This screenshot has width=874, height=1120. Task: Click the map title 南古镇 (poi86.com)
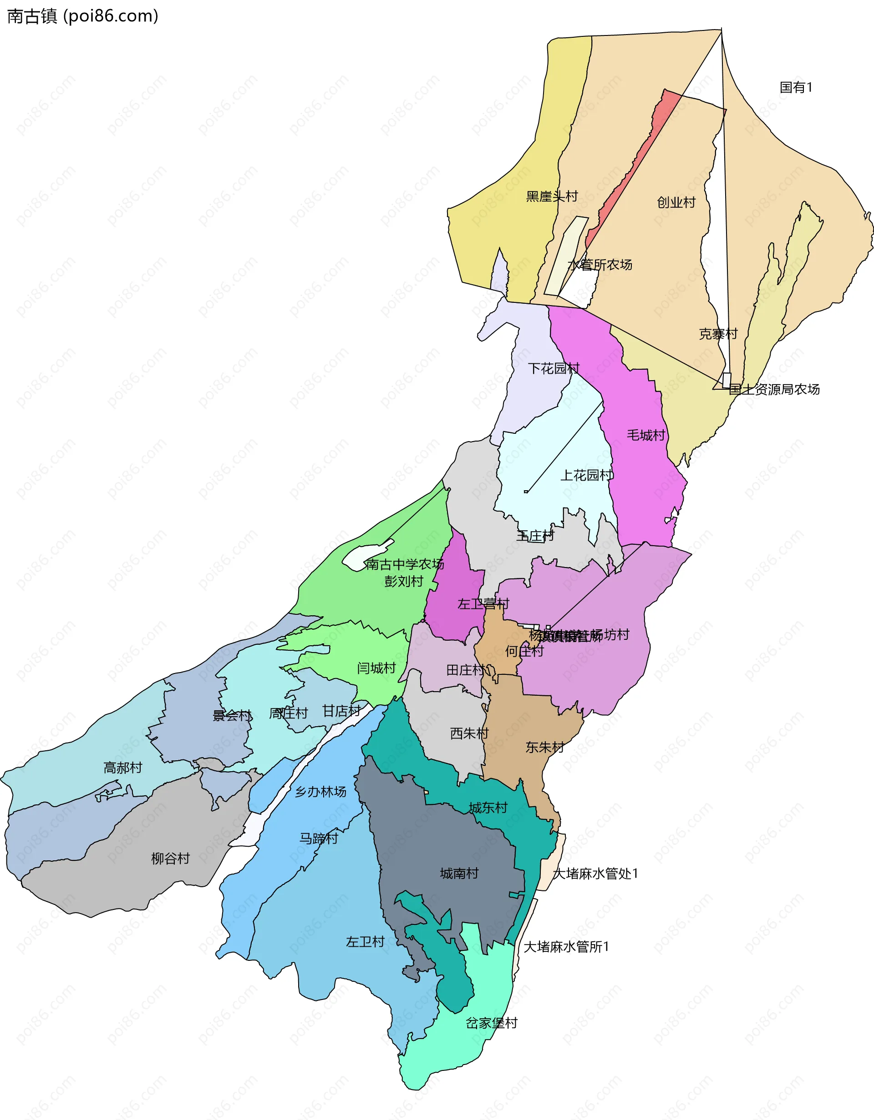tap(82, 16)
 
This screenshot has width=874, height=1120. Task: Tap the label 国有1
tap(796, 87)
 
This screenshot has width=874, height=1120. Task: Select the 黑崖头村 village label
tap(552, 196)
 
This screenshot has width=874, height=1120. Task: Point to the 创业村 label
tap(676, 202)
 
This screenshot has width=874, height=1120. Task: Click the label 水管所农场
tap(600, 265)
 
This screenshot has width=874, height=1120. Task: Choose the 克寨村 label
tap(718, 334)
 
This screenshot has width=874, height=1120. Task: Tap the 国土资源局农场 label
tap(774, 389)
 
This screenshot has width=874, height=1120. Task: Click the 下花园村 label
tap(553, 368)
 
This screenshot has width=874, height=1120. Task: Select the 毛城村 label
tap(645, 435)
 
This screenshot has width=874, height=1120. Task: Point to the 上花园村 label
tap(586, 475)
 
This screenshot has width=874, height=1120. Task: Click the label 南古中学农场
tap(405, 564)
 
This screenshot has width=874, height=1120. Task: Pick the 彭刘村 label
tap(404, 581)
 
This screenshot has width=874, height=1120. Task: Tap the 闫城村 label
tap(376, 668)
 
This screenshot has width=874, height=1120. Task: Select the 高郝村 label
tap(122, 767)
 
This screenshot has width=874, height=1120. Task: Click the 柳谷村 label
tap(170, 858)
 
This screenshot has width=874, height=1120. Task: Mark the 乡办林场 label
tap(320, 791)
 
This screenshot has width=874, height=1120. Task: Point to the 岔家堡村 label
tap(492, 1023)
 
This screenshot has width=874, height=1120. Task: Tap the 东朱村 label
tap(544, 747)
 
